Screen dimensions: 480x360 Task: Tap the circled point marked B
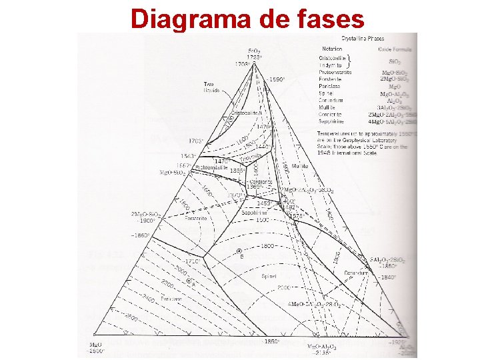[x=240, y=251]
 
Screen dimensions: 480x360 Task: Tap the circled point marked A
[x=189, y=281]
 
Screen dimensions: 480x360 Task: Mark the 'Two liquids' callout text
[x=213, y=86]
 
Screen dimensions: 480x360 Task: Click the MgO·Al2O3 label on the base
[x=322, y=347]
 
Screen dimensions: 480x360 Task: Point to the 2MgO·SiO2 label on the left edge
[x=144, y=214]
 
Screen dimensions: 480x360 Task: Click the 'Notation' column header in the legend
[x=332, y=49]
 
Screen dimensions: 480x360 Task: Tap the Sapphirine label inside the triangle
[x=255, y=213]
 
